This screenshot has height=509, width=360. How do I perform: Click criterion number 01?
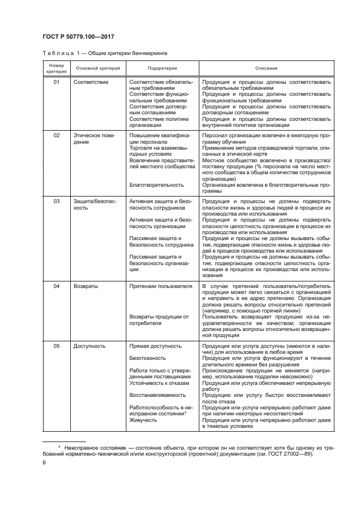(x=56, y=82)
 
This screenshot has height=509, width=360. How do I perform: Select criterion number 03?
(x=56, y=201)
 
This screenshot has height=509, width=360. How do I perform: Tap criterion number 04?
(x=56, y=286)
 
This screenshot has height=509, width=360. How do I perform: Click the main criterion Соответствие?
(x=90, y=82)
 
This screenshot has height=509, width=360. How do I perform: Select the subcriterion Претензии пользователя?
(x=161, y=286)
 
